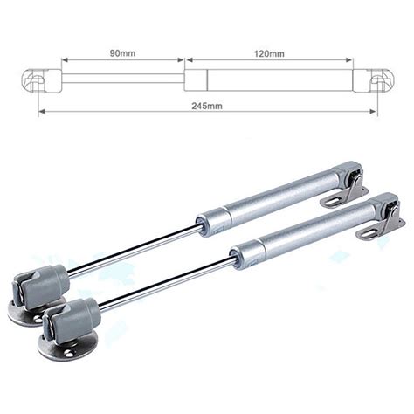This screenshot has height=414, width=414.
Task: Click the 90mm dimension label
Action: click(121, 54)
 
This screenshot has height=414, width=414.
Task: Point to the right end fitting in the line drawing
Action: click(380, 82)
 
